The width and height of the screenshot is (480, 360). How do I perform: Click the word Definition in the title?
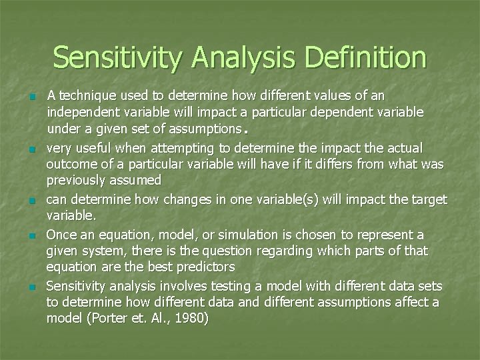[357, 58]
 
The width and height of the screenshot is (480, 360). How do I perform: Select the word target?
[429, 199]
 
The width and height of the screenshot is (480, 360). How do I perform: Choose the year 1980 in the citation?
[190, 319]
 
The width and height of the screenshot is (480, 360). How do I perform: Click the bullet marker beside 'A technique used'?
[32, 97]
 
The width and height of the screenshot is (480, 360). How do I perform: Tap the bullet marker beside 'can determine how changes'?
[32, 200]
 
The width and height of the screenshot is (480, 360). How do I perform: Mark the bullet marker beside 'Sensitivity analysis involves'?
[32, 287]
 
